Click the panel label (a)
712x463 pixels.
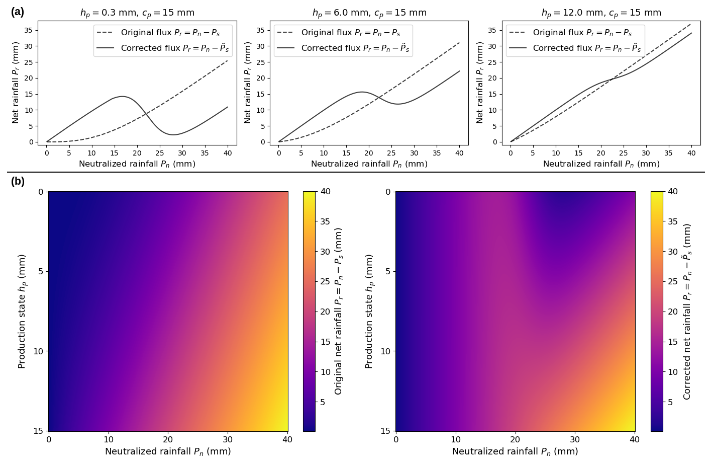(x=17, y=12)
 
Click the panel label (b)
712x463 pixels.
(x=17, y=182)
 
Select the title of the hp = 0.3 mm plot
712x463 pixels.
(x=137, y=13)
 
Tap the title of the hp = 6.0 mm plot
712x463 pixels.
(x=369, y=13)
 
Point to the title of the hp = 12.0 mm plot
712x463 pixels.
(x=601, y=13)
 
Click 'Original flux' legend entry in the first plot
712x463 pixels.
(x=170, y=33)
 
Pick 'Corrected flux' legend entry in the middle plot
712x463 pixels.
(x=355, y=48)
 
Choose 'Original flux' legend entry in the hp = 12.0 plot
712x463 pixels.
(x=582, y=33)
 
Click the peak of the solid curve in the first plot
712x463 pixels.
(x=122, y=96)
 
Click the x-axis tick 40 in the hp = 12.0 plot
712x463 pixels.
(x=691, y=153)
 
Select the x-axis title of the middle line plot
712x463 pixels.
(x=369, y=164)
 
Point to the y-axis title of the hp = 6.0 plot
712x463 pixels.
(x=248, y=83)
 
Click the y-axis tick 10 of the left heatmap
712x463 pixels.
(x=39, y=351)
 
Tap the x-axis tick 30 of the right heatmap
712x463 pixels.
(x=575, y=439)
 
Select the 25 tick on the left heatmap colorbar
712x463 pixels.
(x=326, y=282)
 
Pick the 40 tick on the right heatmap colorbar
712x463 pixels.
(x=673, y=192)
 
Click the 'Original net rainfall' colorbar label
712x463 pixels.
(x=339, y=311)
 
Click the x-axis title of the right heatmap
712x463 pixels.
(x=515, y=452)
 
